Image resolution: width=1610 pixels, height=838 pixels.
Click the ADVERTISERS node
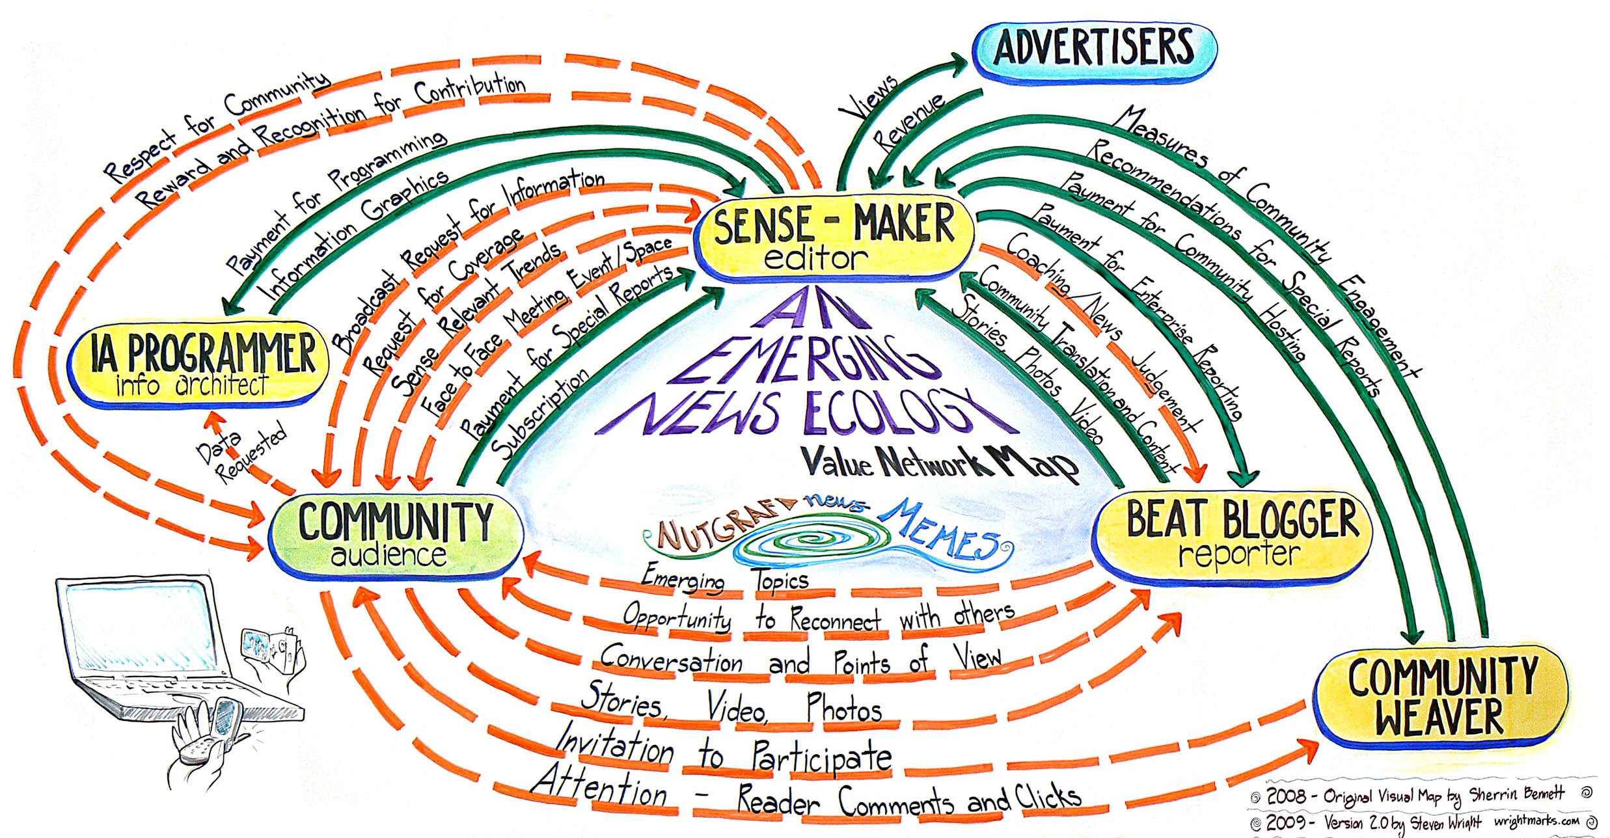[1094, 49]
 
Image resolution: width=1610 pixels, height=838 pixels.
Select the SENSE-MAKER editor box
[834, 237]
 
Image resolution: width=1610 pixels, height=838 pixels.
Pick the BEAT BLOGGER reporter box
[1233, 534]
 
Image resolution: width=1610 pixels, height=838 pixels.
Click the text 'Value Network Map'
[937, 463]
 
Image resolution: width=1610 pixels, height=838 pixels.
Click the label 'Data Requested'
[241, 452]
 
